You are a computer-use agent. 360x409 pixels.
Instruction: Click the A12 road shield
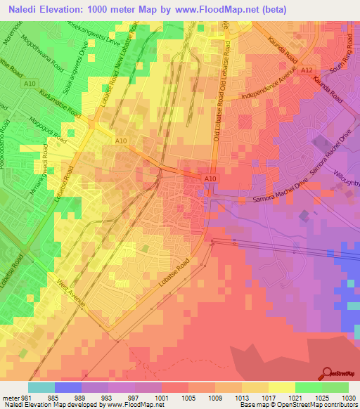tap(307, 71)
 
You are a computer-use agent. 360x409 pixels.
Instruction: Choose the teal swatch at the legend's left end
tap(41, 387)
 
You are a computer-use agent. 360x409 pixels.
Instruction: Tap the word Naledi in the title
tap(22, 8)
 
